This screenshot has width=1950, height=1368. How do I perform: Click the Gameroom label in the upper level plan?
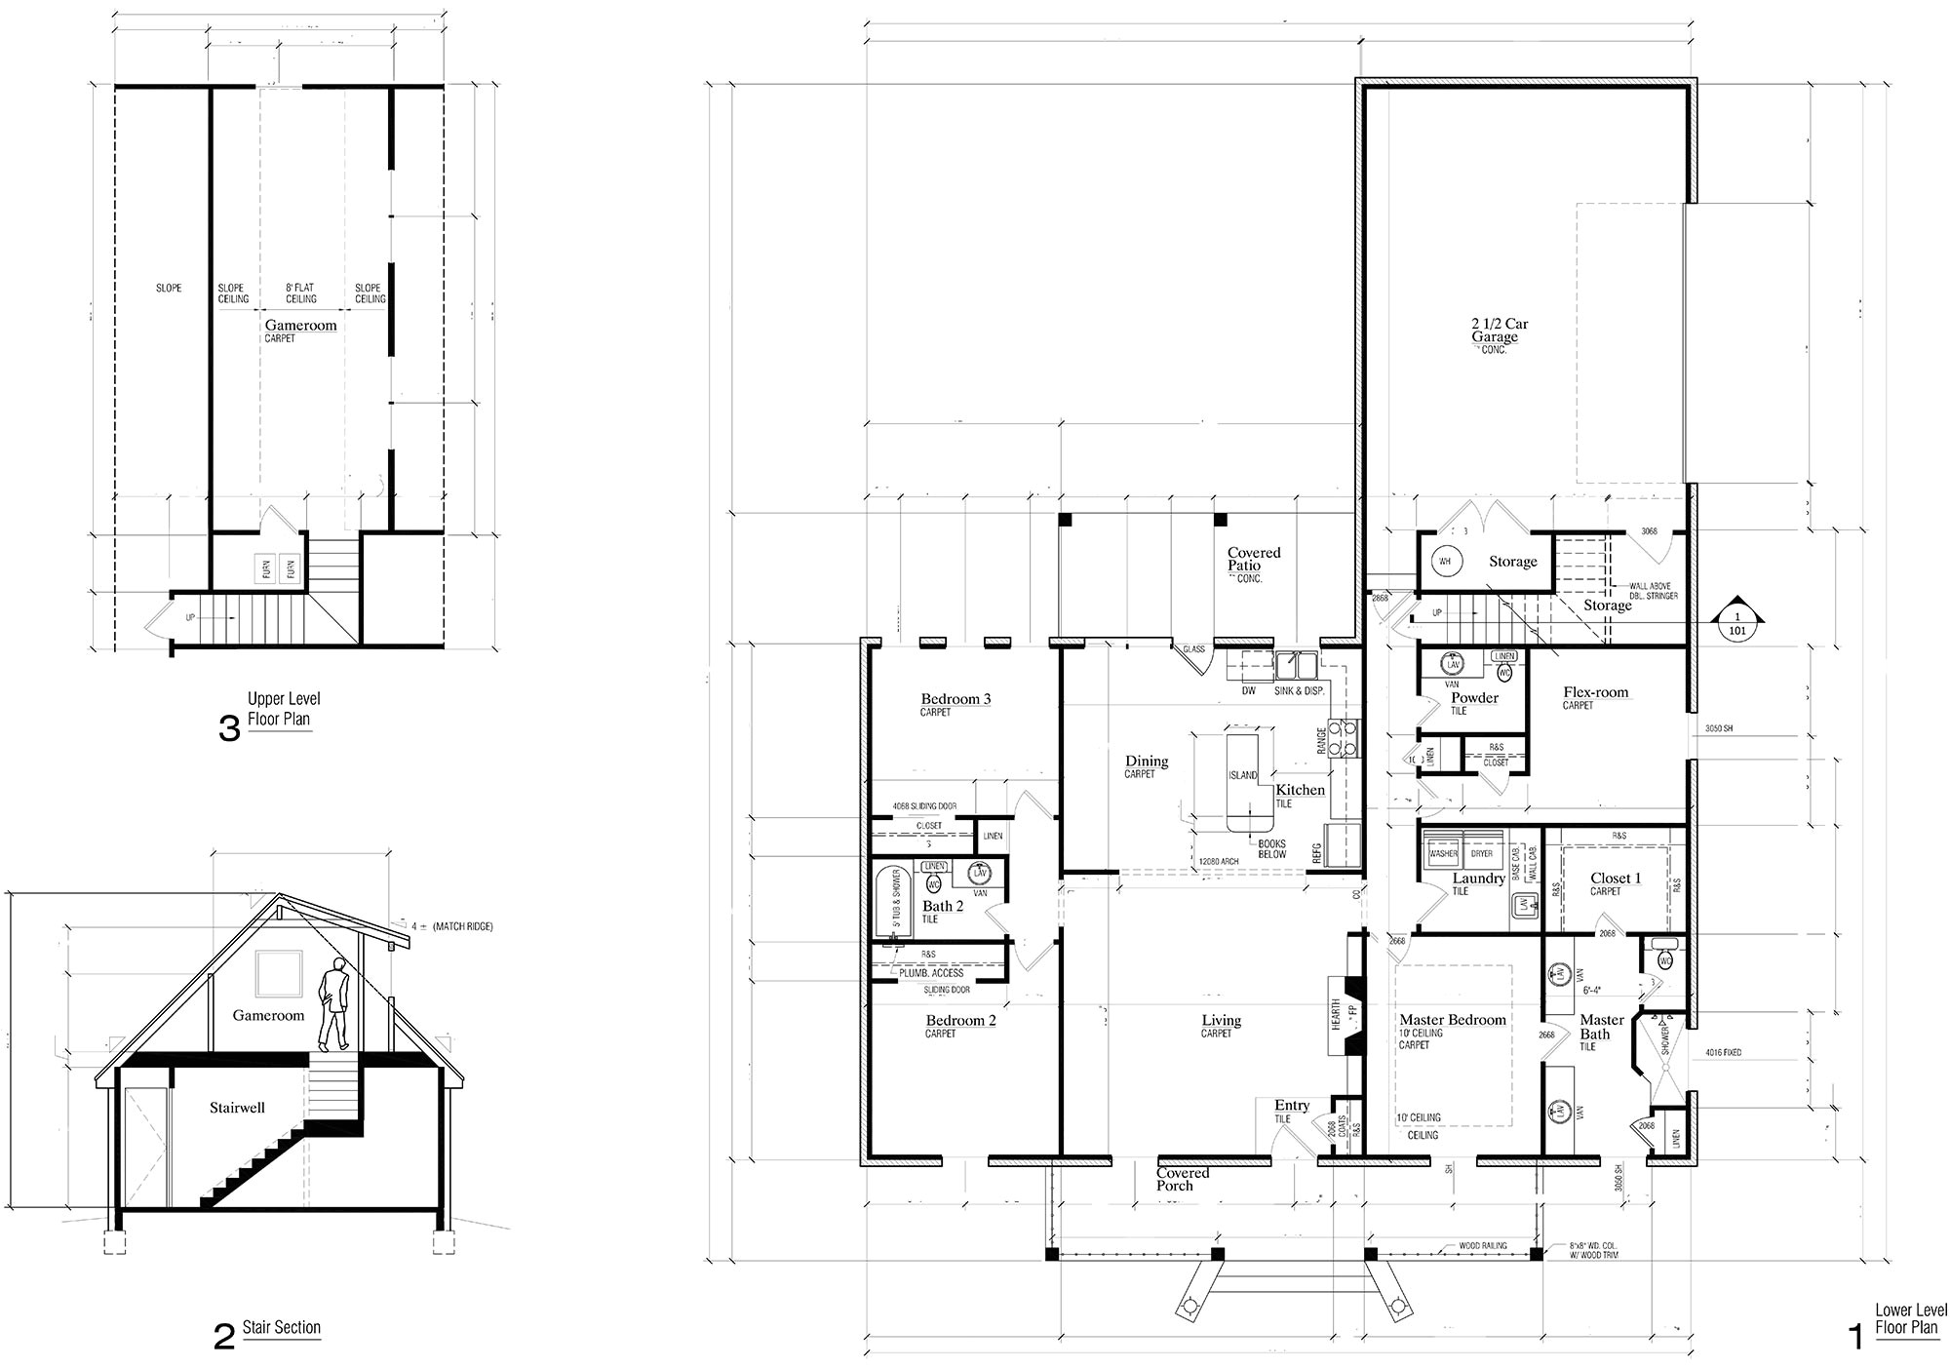(x=300, y=326)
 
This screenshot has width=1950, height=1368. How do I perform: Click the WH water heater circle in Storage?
(x=1445, y=562)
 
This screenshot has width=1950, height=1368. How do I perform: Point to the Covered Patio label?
(x=1253, y=559)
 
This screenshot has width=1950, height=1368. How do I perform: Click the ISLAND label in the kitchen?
(x=1242, y=775)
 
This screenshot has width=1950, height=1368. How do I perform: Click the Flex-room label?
(x=1595, y=692)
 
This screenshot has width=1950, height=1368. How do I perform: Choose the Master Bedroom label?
(x=1452, y=1020)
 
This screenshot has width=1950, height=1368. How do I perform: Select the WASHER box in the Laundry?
(x=1443, y=853)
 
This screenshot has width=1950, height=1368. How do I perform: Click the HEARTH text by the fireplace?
(x=1335, y=1013)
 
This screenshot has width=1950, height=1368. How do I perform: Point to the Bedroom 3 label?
(x=955, y=699)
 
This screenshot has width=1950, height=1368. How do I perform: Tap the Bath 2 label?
(x=943, y=906)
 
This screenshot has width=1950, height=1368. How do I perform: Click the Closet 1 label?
(x=1616, y=879)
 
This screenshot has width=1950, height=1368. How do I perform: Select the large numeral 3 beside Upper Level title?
(x=229, y=728)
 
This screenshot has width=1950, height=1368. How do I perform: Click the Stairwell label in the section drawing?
(x=237, y=1108)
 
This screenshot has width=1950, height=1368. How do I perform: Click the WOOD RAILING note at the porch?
(x=1482, y=1246)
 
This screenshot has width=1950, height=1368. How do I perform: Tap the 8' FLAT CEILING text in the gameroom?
(x=301, y=293)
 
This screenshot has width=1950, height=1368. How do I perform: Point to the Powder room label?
(x=1474, y=698)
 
